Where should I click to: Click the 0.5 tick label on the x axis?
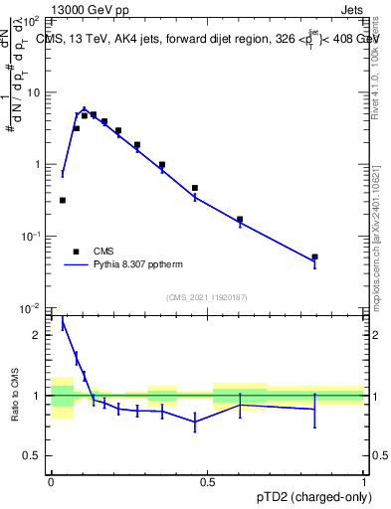point(207,480)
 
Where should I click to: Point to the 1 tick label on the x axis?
point(364,480)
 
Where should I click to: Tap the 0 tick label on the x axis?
point(51,480)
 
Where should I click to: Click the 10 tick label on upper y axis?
point(33,92)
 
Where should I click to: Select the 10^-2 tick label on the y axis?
point(30,308)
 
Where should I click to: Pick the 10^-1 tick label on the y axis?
point(30,237)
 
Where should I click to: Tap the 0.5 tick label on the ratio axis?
point(34,456)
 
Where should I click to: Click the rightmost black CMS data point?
point(314,256)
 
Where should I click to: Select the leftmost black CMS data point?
point(63,200)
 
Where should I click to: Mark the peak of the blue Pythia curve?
point(85,109)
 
